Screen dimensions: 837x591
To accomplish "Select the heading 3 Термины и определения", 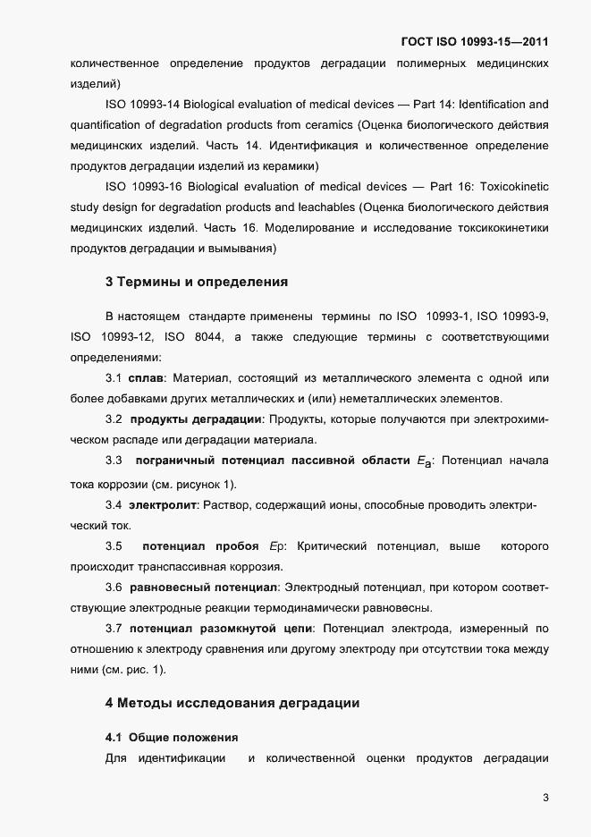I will [196, 282].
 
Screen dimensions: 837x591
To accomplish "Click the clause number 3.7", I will [114, 629].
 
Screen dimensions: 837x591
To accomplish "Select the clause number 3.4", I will [114, 505].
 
